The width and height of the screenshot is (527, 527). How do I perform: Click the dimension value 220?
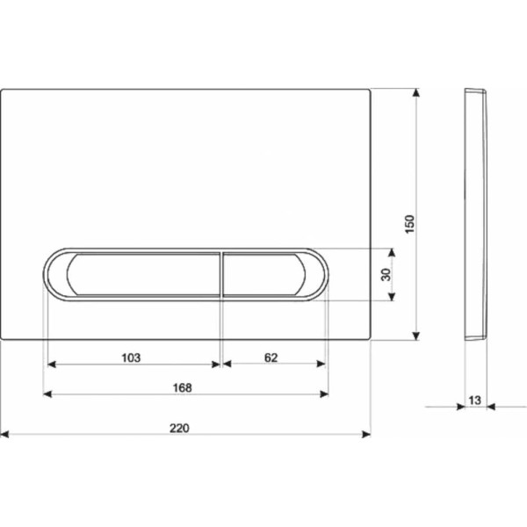[x=179, y=428]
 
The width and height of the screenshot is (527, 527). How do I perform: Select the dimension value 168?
[x=182, y=388]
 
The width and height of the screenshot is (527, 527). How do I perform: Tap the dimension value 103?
[x=131, y=357]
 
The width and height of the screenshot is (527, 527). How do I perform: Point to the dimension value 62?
[x=271, y=357]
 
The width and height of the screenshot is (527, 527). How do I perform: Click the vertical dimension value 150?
[x=409, y=224]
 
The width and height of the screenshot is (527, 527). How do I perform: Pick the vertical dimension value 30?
[x=386, y=275]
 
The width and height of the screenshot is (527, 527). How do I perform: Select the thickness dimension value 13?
[x=474, y=400]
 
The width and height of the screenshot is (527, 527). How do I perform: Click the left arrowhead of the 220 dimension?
[x=4, y=434]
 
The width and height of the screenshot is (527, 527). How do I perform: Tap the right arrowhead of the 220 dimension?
[x=366, y=434]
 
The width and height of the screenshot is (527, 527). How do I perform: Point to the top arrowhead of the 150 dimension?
[x=416, y=93]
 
